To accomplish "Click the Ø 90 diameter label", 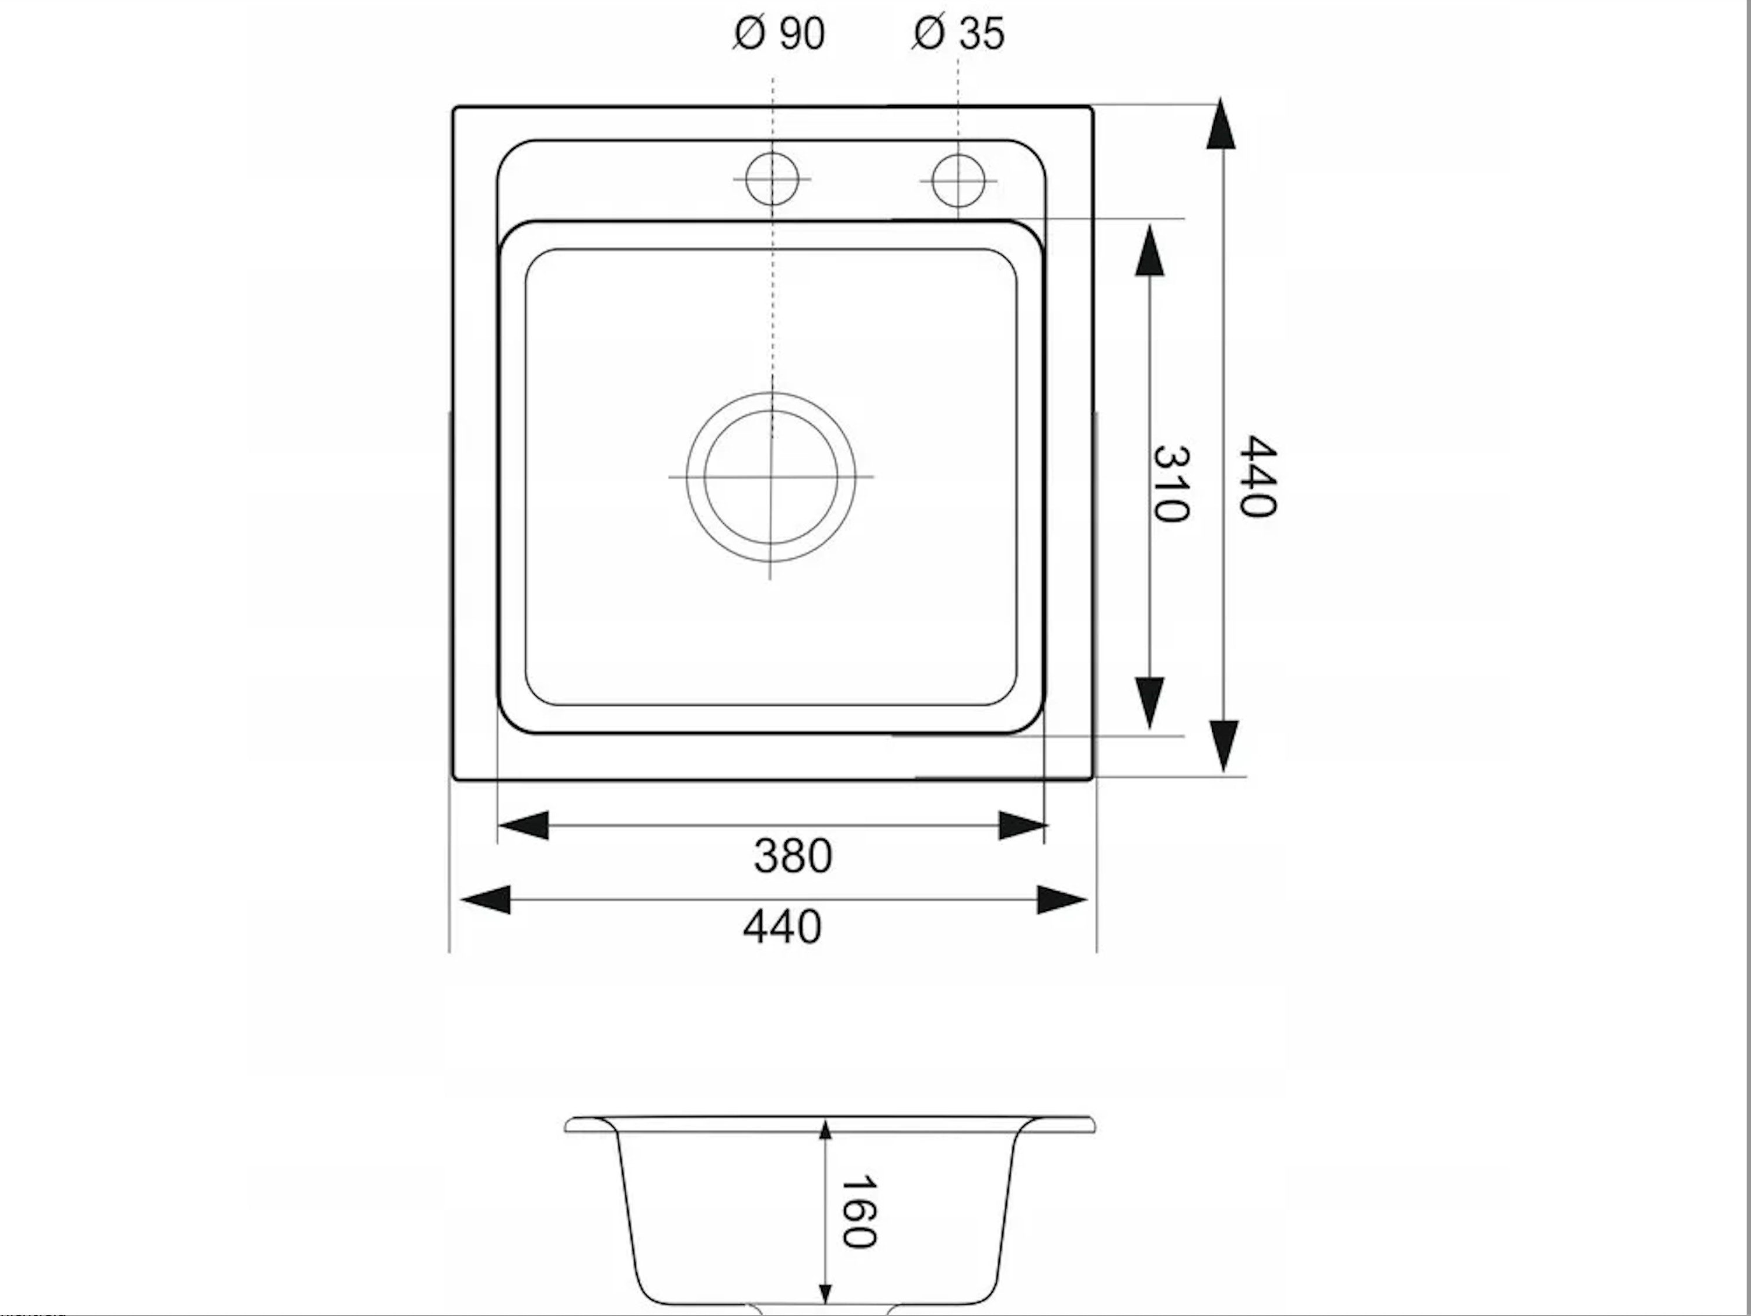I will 779,34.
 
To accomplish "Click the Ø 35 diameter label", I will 958,34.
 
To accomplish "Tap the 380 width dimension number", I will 793,856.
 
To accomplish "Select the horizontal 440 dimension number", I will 782,927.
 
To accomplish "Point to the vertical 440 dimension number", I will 1257,476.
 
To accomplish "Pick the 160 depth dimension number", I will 858,1212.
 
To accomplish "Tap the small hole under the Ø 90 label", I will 772,179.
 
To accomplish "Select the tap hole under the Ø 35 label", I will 958,180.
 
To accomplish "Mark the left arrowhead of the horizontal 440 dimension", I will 485,900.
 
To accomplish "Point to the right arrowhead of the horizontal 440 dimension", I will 1062,900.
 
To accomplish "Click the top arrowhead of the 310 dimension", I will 1149,251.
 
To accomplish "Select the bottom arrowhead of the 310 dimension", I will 1149,702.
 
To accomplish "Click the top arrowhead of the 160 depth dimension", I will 826,1130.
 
